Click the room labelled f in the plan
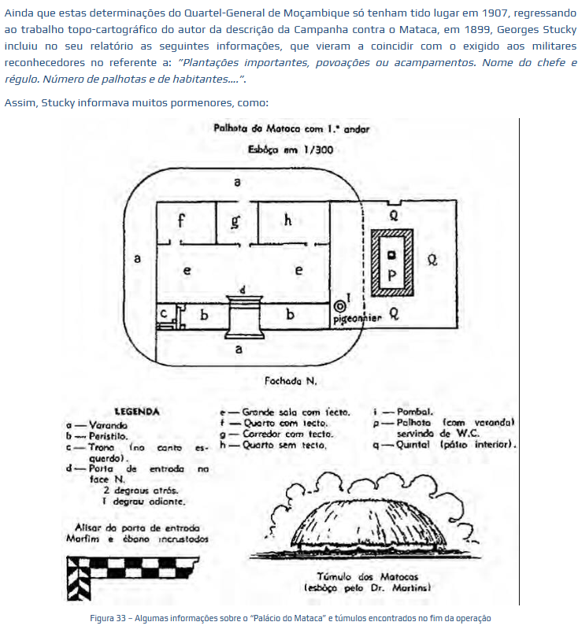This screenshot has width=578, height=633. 181,222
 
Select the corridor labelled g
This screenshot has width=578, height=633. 235,222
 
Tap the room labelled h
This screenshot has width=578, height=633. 288,221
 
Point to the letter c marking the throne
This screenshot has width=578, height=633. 165,313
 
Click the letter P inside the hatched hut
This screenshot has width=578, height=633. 391,276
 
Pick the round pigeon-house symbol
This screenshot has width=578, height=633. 340,305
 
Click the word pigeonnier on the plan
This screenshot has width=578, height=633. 358,319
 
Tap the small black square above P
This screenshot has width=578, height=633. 391,254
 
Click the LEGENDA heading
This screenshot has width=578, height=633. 137,412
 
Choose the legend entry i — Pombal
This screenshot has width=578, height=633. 403,412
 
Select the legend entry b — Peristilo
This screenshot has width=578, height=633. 98,435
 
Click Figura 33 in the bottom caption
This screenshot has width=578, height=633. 107,617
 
